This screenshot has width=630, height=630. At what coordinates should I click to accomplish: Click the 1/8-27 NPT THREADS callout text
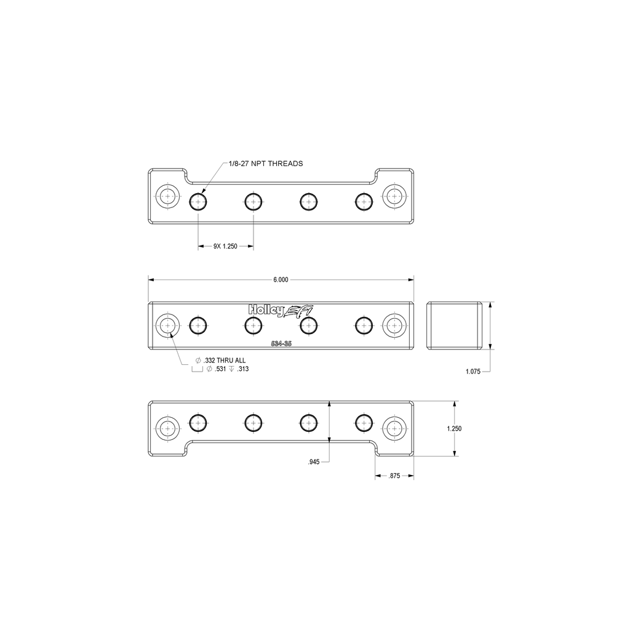[266, 164]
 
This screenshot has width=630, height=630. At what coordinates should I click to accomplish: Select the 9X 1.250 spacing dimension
[225, 246]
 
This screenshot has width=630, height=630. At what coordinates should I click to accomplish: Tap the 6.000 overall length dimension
[281, 280]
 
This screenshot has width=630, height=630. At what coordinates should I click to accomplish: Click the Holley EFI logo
[281, 311]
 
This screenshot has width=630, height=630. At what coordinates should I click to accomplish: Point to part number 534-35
[281, 343]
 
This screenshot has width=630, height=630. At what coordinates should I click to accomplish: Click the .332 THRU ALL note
[221, 361]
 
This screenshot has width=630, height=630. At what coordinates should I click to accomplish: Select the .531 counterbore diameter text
[221, 369]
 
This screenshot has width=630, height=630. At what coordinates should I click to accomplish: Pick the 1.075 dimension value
[473, 372]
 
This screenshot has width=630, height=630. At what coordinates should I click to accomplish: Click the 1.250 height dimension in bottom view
[455, 429]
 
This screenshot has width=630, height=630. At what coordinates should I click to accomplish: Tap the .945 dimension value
[314, 462]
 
